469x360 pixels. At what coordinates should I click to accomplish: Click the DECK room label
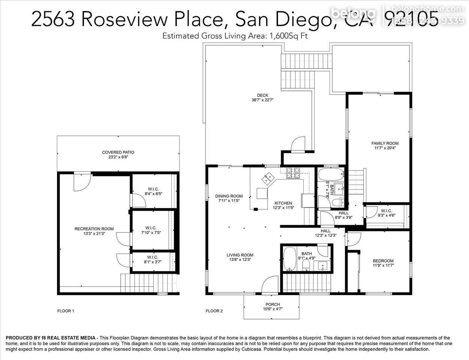[262, 95]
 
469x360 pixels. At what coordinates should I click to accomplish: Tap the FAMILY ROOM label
[385, 143]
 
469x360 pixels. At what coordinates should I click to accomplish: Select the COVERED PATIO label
[118, 152]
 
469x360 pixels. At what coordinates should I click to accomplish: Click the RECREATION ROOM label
[94, 229]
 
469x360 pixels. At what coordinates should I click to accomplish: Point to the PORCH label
[273, 304]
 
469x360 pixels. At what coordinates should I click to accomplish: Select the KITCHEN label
[283, 203]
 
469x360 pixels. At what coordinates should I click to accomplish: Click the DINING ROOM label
[229, 196]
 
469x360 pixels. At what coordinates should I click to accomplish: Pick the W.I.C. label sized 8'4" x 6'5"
[154, 194]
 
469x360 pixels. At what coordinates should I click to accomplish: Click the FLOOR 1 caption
[66, 311]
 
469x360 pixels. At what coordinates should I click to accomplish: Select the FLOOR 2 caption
[214, 311]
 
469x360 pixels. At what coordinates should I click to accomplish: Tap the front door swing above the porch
[270, 285]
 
